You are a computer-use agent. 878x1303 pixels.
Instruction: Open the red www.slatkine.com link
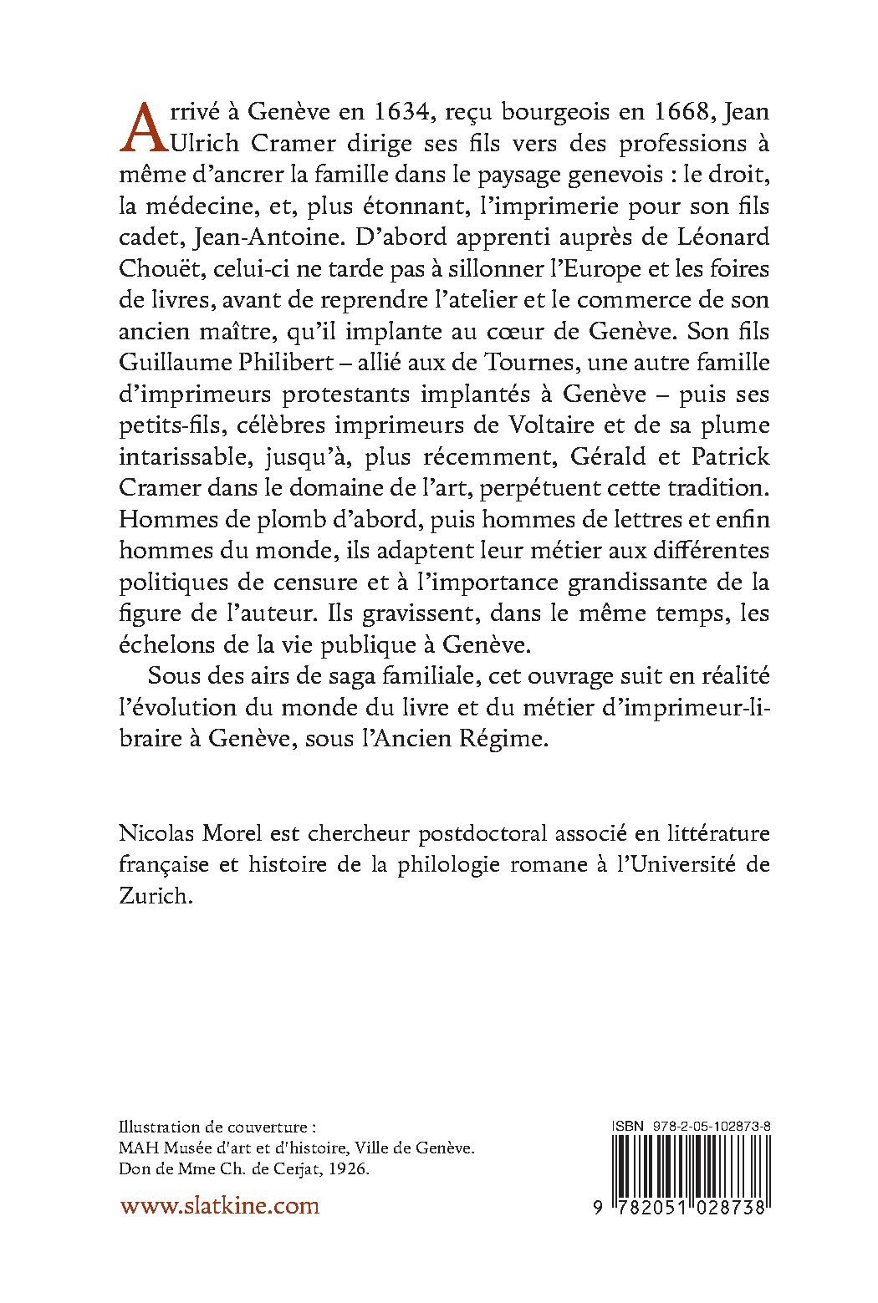(220, 1205)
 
